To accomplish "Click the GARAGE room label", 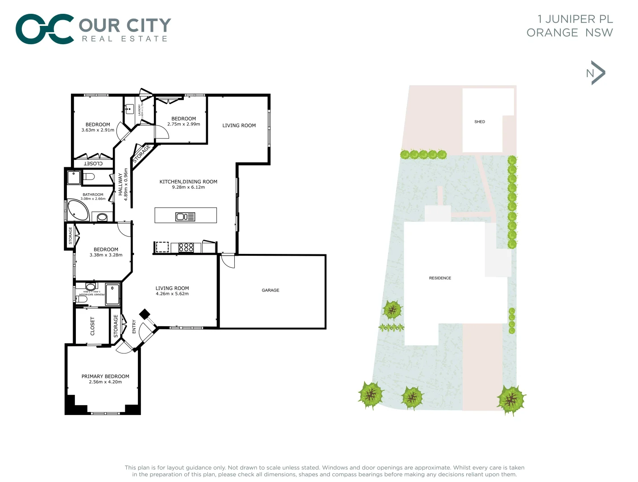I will coord(270,290).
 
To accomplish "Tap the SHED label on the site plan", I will coord(480,121).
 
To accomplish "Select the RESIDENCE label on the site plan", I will coord(440,278).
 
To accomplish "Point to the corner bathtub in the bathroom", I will coord(78,210).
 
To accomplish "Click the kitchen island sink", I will coord(185,217).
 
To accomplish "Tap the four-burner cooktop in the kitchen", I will coord(186,247).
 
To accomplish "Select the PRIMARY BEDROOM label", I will coord(105,376).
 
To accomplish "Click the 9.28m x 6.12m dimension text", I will coord(188,187).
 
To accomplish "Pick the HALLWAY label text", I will coord(120,184).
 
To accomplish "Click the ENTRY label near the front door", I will coord(134,326).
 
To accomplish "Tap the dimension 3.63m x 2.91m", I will coord(98,130).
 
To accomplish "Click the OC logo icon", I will coord(45,29).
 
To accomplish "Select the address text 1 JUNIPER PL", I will coord(575,19).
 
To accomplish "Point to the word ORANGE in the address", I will coord(552,33).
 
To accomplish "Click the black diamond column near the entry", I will coord(144,314).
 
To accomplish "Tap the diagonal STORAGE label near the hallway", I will coord(141,154).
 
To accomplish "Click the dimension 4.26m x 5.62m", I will coord(172,294).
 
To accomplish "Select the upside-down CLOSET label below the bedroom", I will coord(93,164).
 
